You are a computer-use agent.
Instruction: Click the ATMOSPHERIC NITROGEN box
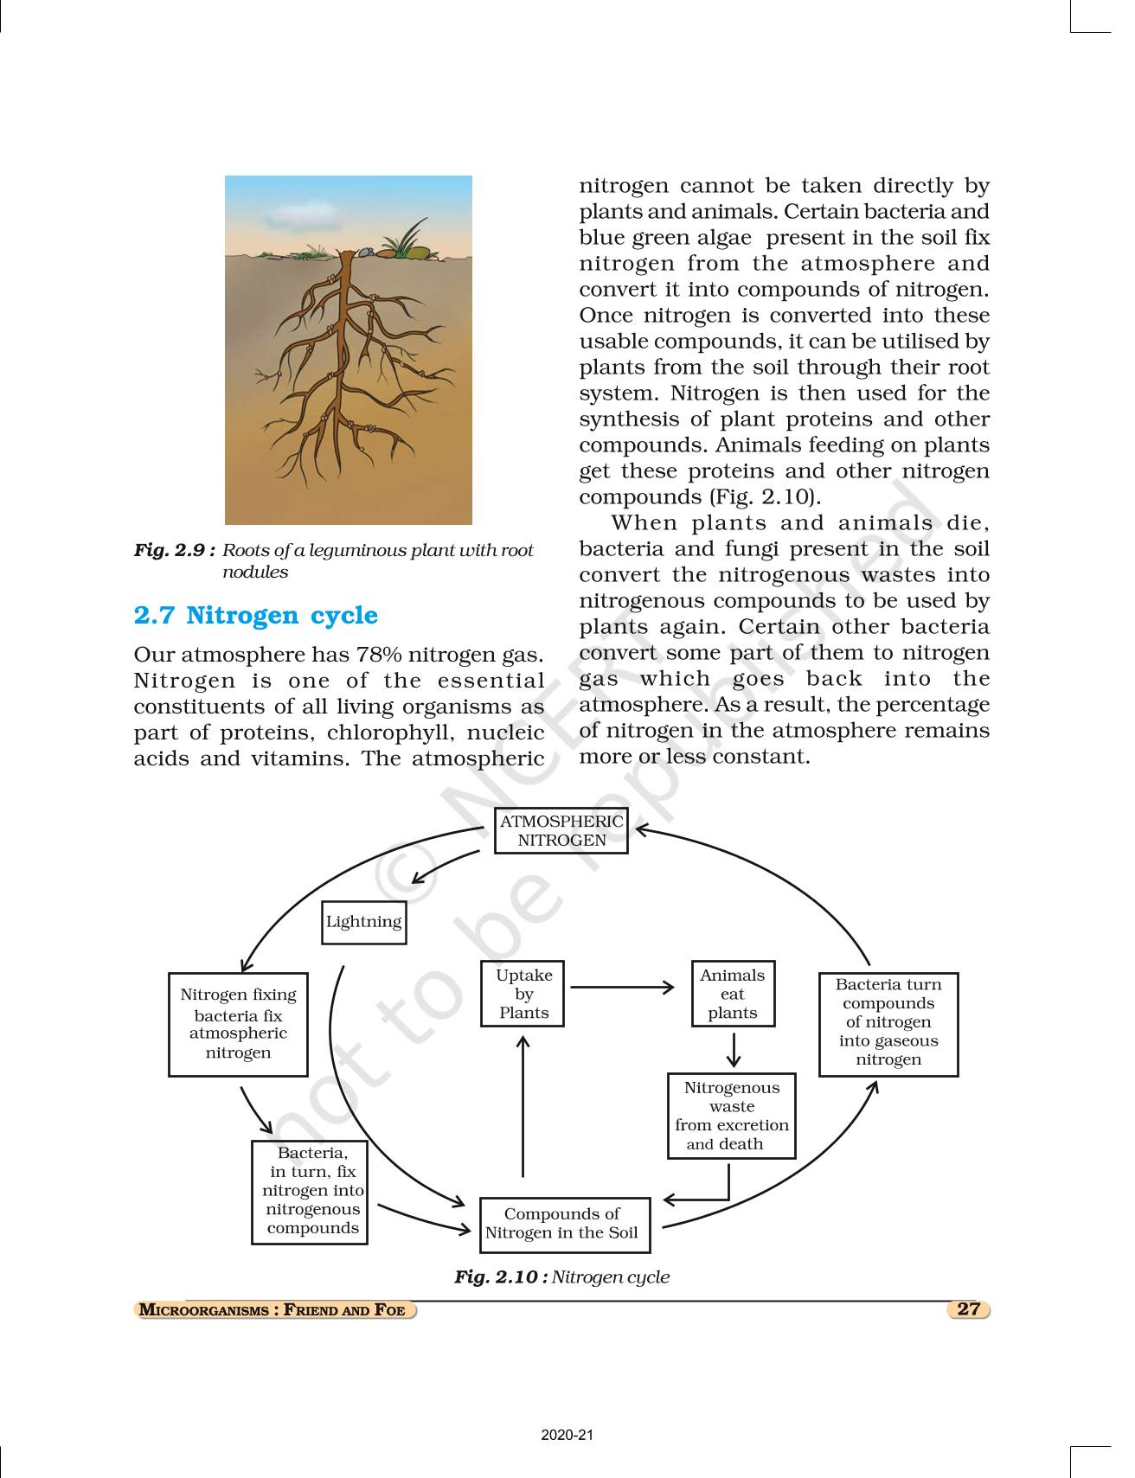point(561,831)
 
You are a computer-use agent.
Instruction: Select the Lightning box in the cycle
point(363,922)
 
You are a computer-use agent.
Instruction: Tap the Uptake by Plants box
point(523,994)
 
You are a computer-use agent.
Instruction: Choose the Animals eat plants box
point(733,994)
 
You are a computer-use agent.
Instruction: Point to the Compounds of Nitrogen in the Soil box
point(564,1224)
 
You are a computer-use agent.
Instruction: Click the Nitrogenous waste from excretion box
point(731,1116)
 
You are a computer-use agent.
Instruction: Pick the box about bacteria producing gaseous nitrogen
point(888,1024)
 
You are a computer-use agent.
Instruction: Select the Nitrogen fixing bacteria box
point(238,1024)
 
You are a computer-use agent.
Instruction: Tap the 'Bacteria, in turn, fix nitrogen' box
point(311,1192)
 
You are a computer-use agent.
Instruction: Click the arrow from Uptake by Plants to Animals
point(623,987)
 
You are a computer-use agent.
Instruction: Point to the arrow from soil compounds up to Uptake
point(523,1107)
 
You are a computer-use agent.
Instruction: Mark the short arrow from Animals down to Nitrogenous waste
point(734,1050)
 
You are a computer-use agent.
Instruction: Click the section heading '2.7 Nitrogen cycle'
point(256,615)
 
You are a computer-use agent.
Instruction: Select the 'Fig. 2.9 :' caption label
point(174,550)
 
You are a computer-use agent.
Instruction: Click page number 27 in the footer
point(968,1308)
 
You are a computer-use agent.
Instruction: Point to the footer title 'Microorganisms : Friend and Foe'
point(273,1309)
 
